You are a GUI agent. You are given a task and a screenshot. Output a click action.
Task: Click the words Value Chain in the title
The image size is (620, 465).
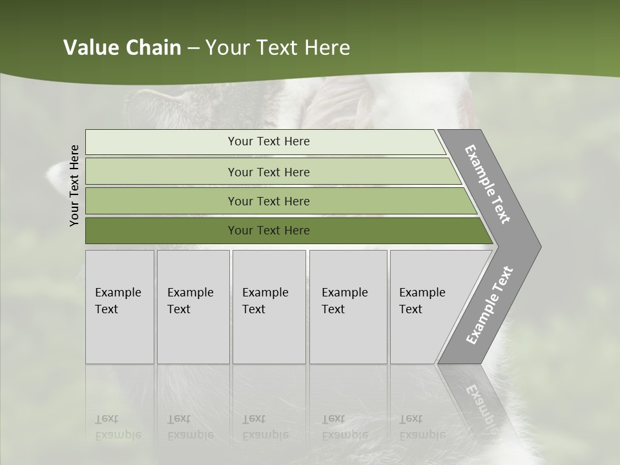tap(122, 48)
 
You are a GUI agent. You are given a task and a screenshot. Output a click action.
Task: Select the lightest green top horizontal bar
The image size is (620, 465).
tap(161, 142)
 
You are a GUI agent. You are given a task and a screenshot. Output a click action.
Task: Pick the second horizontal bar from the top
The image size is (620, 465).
tap(161, 172)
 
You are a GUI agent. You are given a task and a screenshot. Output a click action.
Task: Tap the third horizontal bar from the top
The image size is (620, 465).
tap(161, 201)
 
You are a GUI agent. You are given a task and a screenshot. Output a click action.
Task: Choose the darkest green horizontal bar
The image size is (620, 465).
tap(161, 231)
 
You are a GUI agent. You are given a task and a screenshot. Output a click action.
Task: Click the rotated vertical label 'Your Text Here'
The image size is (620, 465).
tap(74, 185)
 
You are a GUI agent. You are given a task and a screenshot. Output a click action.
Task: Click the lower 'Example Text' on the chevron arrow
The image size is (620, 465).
tap(489, 305)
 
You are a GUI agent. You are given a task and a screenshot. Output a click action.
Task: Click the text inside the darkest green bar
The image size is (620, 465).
tap(269, 231)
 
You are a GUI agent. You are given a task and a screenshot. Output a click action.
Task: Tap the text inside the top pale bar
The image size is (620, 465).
tap(269, 141)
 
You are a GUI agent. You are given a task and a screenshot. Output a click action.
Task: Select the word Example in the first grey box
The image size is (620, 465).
tap(118, 293)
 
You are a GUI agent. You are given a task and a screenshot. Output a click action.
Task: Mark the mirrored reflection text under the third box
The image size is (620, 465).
tap(265, 428)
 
